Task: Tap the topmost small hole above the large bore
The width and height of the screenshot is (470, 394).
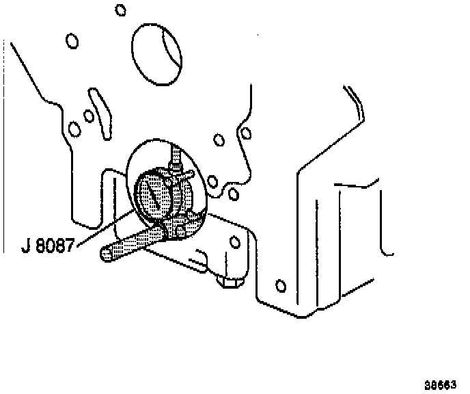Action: pyautogui.click(x=121, y=10)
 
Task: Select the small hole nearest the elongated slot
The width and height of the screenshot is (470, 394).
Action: pyautogui.click(x=88, y=116)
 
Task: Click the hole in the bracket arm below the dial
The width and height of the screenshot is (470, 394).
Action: pyautogui.click(x=235, y=241)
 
